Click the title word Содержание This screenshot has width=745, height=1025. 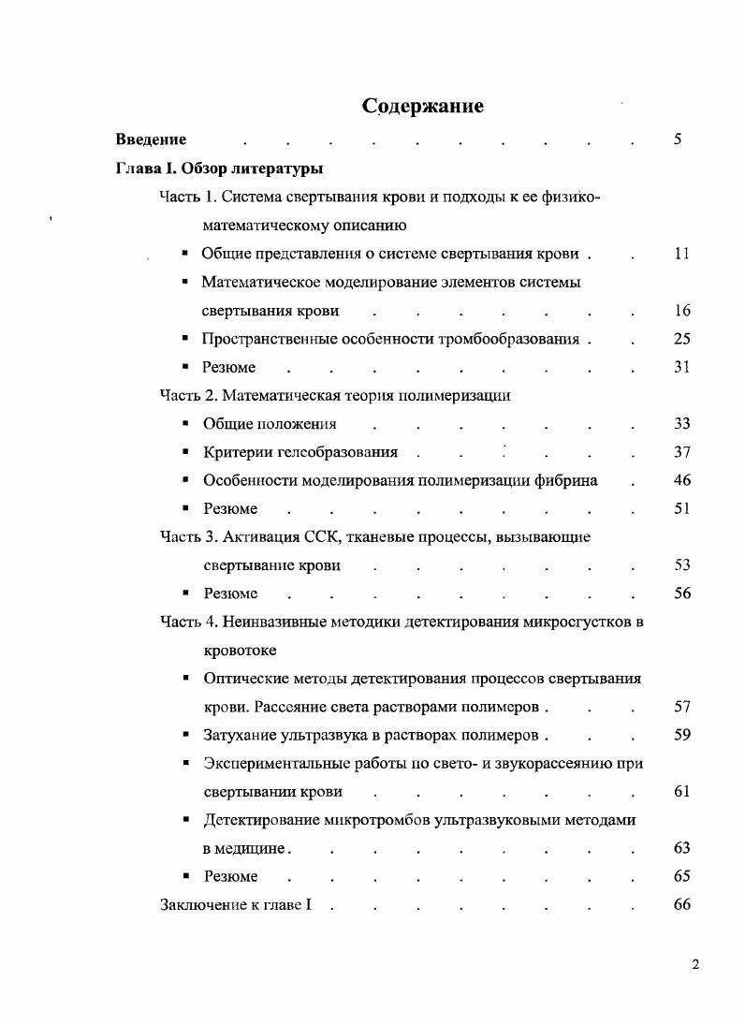coord(423,106)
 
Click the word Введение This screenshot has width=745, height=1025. coord(151,139)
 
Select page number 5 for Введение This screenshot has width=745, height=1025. coord(677,139)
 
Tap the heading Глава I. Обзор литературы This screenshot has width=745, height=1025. coord(219,168)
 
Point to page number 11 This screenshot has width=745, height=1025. coord(681,254)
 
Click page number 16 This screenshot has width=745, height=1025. coord(681,311)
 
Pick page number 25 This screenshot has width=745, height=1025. coord(681,339)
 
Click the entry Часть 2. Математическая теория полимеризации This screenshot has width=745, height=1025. coord(335,395)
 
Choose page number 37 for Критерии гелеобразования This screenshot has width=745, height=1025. coord(681,452)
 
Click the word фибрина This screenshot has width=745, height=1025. coord(567,480)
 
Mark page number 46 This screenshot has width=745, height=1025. coord(681,480)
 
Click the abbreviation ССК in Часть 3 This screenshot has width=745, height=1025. coord(323,536)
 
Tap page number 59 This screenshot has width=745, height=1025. coord(681,735)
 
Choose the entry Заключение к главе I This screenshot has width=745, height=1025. coord(235,905)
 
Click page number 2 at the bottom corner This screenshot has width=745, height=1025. coord(694,966)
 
